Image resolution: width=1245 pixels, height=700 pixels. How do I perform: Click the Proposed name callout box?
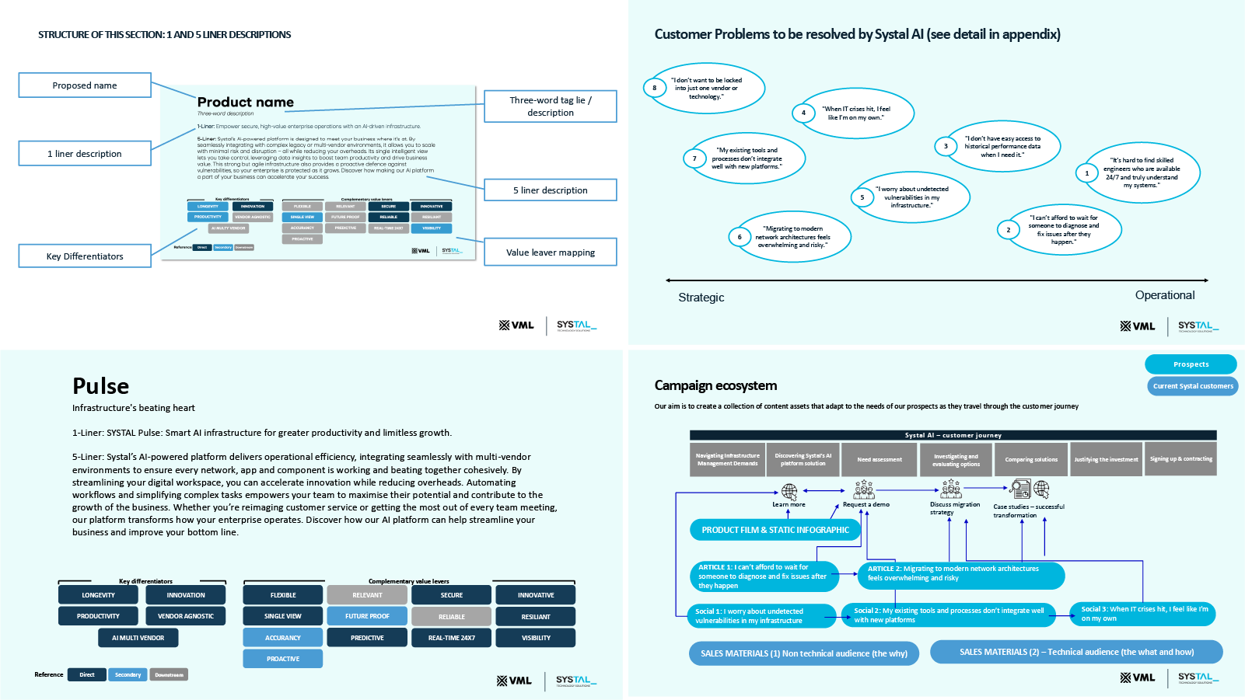(x=85, y=85)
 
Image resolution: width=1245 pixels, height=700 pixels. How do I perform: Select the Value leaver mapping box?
(x=550, y=252)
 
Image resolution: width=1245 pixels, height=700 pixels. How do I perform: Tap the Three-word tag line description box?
(x=550, y=106)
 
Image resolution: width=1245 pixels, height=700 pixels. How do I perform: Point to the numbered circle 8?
(x=654, y=88)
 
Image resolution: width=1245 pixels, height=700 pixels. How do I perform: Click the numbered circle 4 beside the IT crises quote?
(x=803, y=113)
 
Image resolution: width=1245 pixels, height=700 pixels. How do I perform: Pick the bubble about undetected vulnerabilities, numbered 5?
(x=911, y=197)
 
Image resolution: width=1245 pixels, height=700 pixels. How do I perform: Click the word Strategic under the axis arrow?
(x=701, y=298)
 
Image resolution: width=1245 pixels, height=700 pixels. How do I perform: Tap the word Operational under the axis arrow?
(x=1164, y=295)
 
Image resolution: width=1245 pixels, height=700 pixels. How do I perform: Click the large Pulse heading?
(x=100, y=386)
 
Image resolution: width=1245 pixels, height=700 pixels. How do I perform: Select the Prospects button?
(x=1190, y=364)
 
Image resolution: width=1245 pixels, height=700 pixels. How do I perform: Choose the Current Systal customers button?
(x=1192, y=386)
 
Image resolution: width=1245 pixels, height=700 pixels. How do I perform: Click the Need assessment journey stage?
(x=879, y=459)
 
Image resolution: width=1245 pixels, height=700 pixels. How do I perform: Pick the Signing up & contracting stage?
(x=1180, y=459)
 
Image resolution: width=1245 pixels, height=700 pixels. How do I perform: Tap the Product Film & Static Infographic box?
(x=775, y=530)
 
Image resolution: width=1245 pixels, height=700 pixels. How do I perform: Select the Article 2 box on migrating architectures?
(x=961, y=573)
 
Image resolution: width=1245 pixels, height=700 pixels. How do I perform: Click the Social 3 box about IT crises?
(x=1142, y=614)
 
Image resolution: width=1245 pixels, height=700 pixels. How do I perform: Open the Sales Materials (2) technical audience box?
(x=1075, y=652)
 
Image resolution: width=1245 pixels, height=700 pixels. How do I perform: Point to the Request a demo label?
(x=866, y=505)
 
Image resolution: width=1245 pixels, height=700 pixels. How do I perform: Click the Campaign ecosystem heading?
(x=715, y=385)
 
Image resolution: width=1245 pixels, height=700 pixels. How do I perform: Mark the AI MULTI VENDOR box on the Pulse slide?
(x=138, y=638)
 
